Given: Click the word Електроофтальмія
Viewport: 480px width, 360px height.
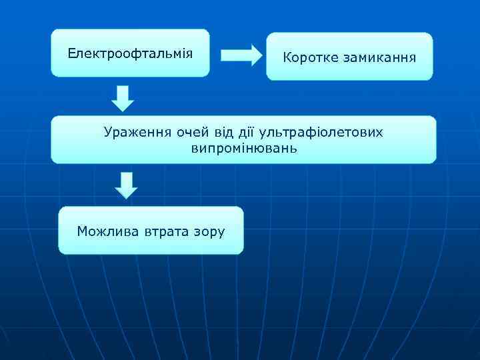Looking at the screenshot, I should coord(130,53).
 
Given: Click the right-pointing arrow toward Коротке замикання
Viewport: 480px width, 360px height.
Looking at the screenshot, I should coord(241,55).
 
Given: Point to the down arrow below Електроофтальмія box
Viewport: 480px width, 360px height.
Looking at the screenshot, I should coord(122,97).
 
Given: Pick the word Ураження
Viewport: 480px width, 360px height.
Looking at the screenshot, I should coord(137,132).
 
